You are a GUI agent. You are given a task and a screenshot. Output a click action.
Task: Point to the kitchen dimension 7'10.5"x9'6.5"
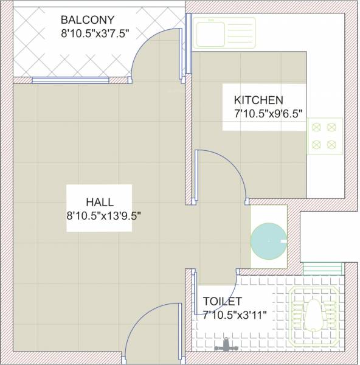coord(268,114)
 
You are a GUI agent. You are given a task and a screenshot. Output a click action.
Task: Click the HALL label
coord(100,201)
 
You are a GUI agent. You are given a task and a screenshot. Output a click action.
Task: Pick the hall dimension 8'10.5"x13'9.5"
coord(104,215)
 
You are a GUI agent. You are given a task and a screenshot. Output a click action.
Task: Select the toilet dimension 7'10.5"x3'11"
coord(235,315)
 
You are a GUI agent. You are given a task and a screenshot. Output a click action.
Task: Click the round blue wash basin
coord(267,241)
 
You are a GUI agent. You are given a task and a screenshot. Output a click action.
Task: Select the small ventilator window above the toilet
coord(322,268)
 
